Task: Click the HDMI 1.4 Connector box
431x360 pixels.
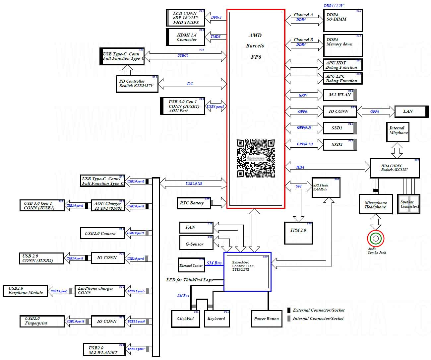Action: point(186,37)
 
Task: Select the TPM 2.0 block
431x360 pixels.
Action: point(298,233)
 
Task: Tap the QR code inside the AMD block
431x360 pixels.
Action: point(256,158)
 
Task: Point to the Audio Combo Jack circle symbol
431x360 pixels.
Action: point(376,238)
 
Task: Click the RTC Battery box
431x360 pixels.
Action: point(194,203)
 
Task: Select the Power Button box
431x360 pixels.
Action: point(266,319)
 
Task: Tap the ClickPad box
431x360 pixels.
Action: point(185,319)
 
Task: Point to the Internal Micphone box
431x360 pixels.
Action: point(398,132)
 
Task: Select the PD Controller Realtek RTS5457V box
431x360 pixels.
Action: point(137,84)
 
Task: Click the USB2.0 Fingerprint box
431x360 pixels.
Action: point(42,321)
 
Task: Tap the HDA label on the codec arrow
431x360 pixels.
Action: point(300,167)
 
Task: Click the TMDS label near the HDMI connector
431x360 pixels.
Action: point(215,36)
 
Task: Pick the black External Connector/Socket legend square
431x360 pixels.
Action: point(289,310)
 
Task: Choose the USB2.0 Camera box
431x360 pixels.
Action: point(102,233)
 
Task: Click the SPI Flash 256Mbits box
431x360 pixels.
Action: point(326,187)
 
